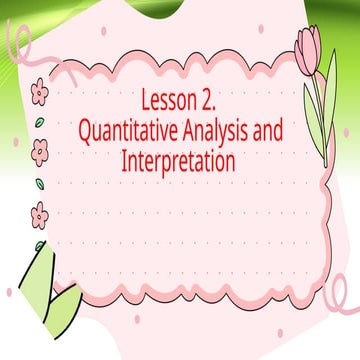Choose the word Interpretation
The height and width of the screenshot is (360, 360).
178,159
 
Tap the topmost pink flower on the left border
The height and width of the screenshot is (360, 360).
40,94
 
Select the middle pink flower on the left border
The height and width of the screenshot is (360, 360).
40,152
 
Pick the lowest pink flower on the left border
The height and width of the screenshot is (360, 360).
40,212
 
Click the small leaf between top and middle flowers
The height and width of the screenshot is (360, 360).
39,123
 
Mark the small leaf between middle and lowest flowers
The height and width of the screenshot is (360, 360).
39,182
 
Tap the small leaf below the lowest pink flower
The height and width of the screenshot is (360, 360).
39,243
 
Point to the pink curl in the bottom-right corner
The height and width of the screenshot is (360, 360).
342,300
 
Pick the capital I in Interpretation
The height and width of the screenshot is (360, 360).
124,159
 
